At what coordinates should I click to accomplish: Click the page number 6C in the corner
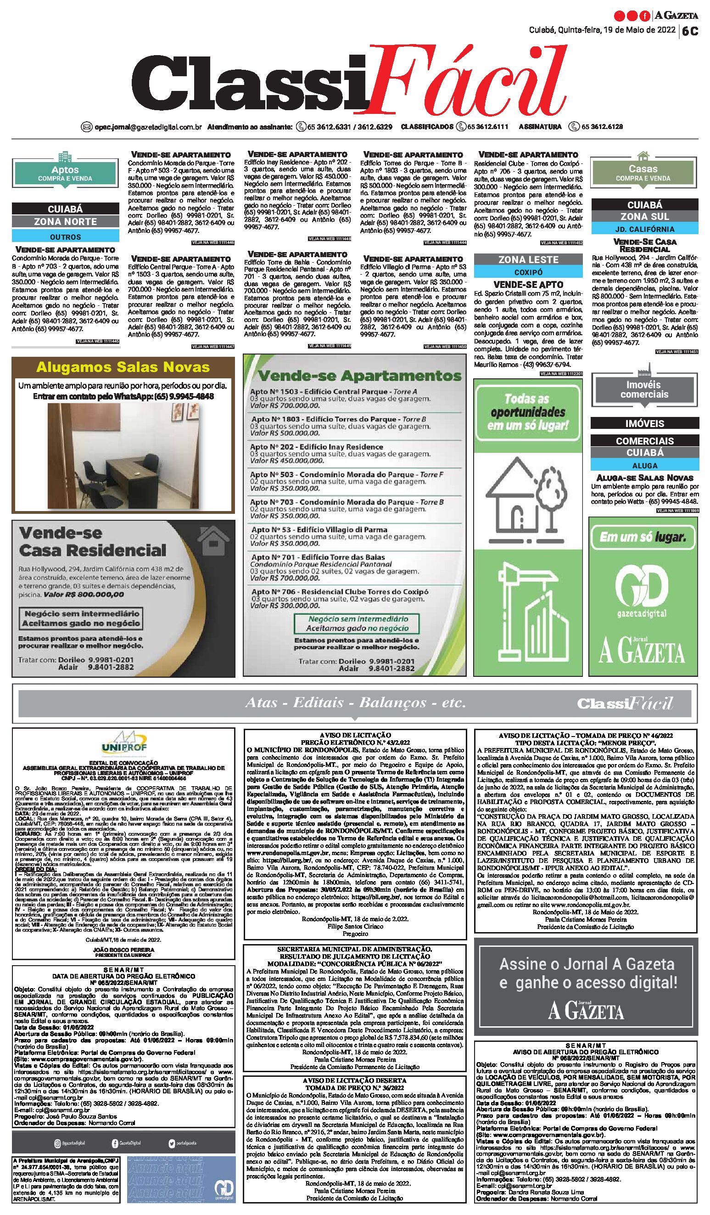coord(690,31)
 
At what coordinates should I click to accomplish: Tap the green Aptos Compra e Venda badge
coord(65,173)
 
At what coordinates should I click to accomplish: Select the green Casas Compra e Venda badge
coord(643,172)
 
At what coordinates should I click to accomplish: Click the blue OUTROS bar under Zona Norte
coord(66,237)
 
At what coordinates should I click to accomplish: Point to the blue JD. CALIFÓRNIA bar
coord(644,229)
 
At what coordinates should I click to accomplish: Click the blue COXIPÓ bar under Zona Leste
coord(528,272)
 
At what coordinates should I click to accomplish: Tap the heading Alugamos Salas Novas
coord(123,367)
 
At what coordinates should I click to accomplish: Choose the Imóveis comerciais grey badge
coord(644,389)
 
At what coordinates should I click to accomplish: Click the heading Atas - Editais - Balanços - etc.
coord(355,703)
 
